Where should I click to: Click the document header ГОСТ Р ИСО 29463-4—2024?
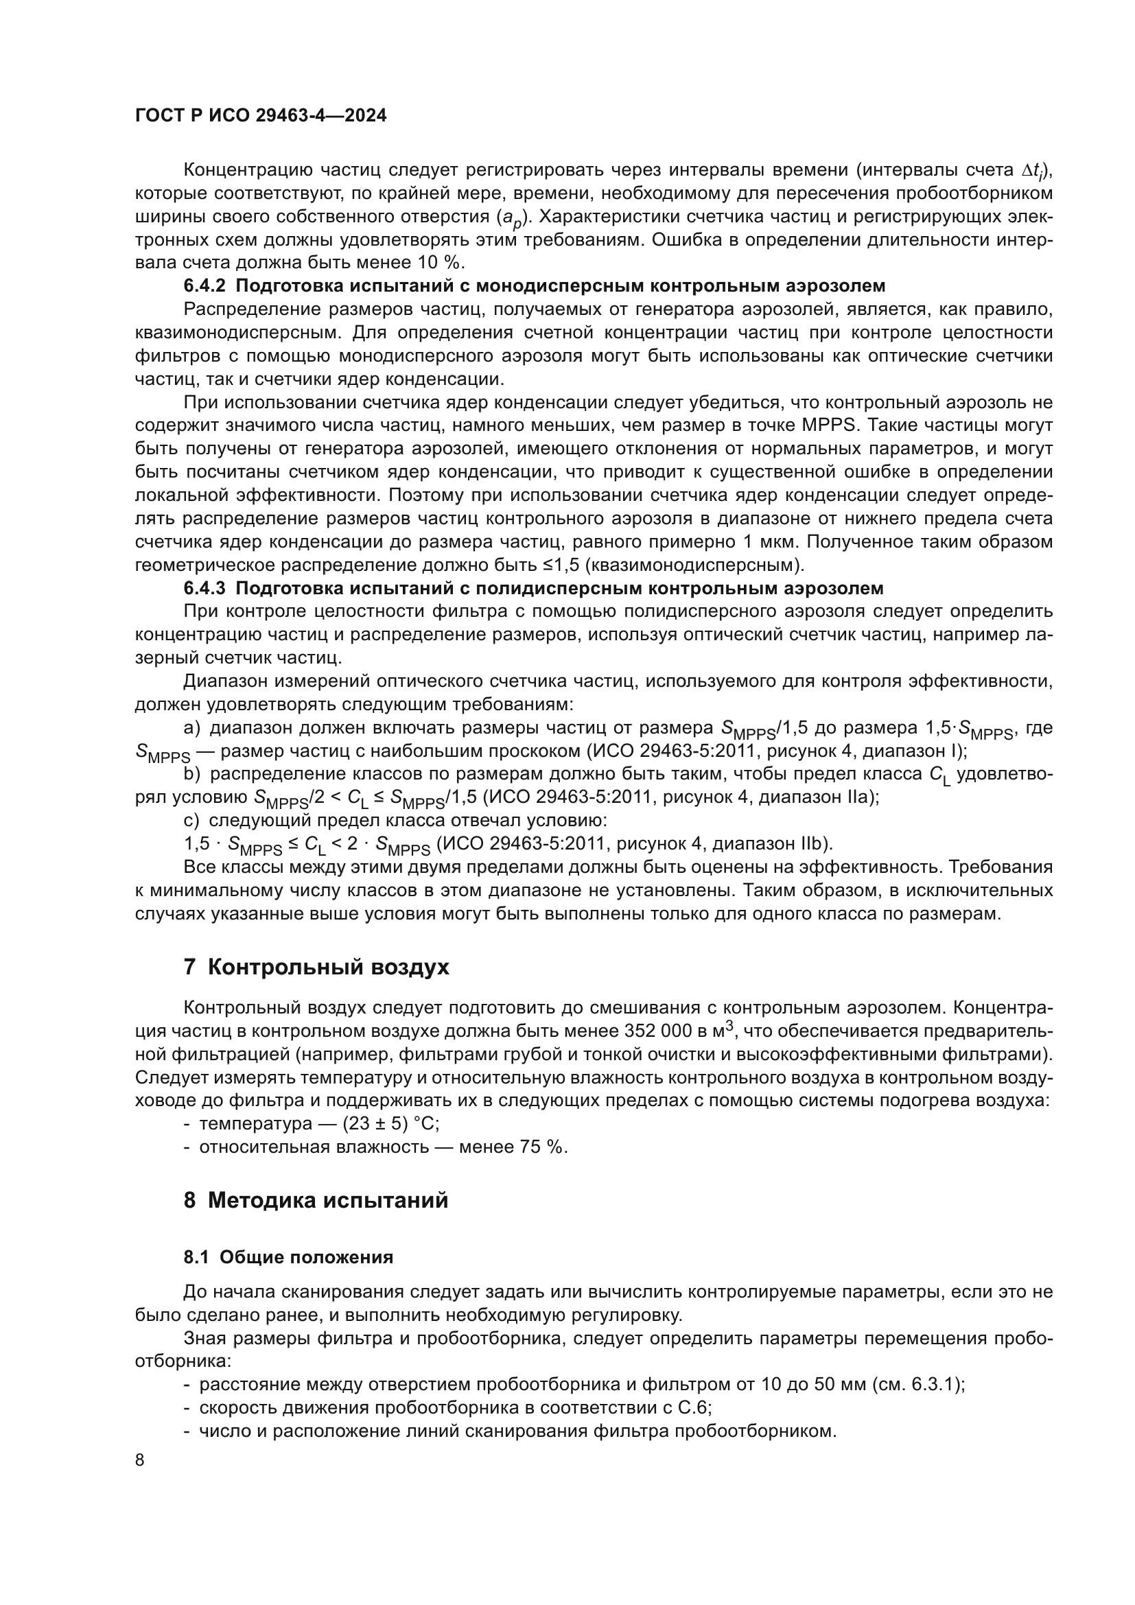click(x=260, y=116)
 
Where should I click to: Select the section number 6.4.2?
click(x=204, y=286)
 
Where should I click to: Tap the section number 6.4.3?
click(x=204, y=588)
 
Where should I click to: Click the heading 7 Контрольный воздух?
click(x=316, y=968)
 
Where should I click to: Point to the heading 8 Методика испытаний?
click(x=316, y=1200)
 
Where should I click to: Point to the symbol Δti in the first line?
click(x=1031, y=171)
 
